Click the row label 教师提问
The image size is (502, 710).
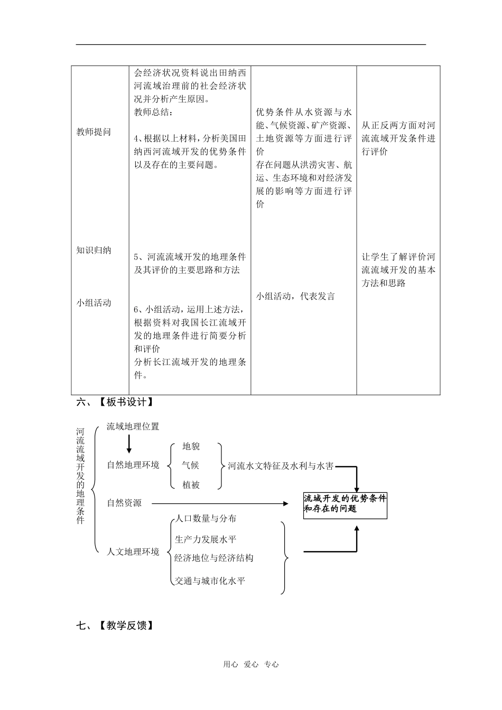(x=94, y=132)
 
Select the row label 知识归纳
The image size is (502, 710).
(x=94, y=250)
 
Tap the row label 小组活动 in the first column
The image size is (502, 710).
(x=94, y=303)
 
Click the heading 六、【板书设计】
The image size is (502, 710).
(x=115, y=403)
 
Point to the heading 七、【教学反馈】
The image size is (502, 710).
(x=115, y=626)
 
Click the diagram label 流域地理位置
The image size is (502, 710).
(x=133, y=426)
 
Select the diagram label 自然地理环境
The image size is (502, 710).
(x=133, y=465)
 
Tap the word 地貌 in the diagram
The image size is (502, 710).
(x=191, y=446)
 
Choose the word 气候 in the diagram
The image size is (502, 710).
(x=191, y=465)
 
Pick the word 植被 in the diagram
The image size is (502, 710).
(x=191, y=485)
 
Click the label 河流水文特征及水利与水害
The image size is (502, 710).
(x=281, y=466)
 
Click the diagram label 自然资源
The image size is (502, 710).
(x=124, y=503)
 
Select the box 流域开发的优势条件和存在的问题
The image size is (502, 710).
(x=345, y=504)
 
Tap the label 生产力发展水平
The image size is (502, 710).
(x=206, y=539)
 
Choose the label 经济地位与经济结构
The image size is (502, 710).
(x=214, y=558)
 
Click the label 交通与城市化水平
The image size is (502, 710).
(x=210, y=581)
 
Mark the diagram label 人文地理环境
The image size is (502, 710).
(x=133, y=552)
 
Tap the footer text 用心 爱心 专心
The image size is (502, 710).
(x=251, y=665)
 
